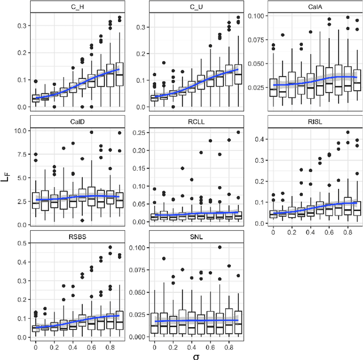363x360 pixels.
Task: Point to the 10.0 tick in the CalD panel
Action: click(x=20, y=131)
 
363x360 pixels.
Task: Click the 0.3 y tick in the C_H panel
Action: click(x=20, y=26)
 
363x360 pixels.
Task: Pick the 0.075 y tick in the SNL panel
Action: click(x=136, y=270)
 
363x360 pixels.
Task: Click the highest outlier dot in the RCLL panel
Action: click(x=238, y=133)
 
